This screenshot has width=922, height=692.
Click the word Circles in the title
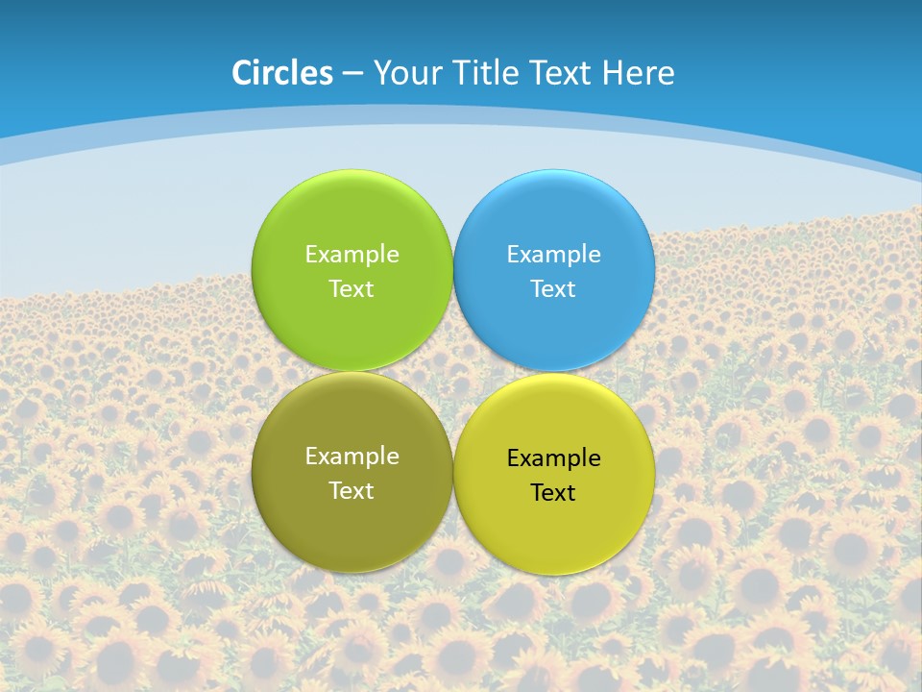(x=282, y=73)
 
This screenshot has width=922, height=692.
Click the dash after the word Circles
(x=352, y=74)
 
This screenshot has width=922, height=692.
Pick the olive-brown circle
(x=352, y=524)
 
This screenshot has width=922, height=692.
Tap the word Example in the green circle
(x=352, y=255)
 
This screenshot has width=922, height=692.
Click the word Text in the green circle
(x=352, y=289)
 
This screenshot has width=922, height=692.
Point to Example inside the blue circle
(x=553, y=255)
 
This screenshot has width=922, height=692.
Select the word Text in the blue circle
(x=553, y=289)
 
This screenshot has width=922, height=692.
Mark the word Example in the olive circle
(x=352, y=457)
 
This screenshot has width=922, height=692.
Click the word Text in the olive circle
(x=352, y=491)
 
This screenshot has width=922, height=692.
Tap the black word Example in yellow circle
(x=553, y=458)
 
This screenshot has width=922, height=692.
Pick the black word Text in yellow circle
(x=553, y=493)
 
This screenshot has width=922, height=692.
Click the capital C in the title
(x=242, y=73)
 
